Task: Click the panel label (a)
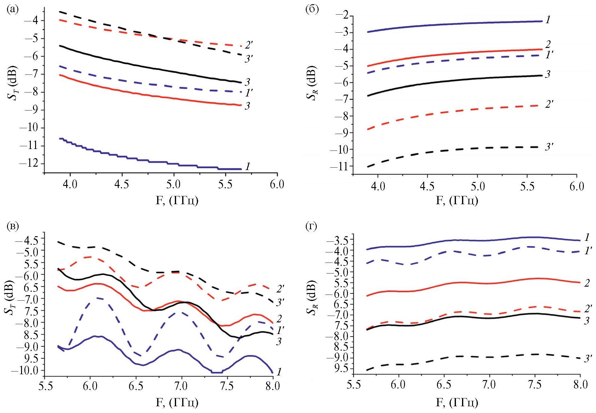pyautogui.click(x=12, y=10)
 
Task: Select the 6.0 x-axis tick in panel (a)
pyautogui.click(x=277, y=185)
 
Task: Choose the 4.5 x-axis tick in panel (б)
pyautogui.click(x=428, y=186)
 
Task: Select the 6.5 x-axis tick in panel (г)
pyautogui.click(x=443, y=384)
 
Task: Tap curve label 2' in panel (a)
pyautogui.click(x=249, y=45)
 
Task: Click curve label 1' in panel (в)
pyautogui.click(x=280, y=330)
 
